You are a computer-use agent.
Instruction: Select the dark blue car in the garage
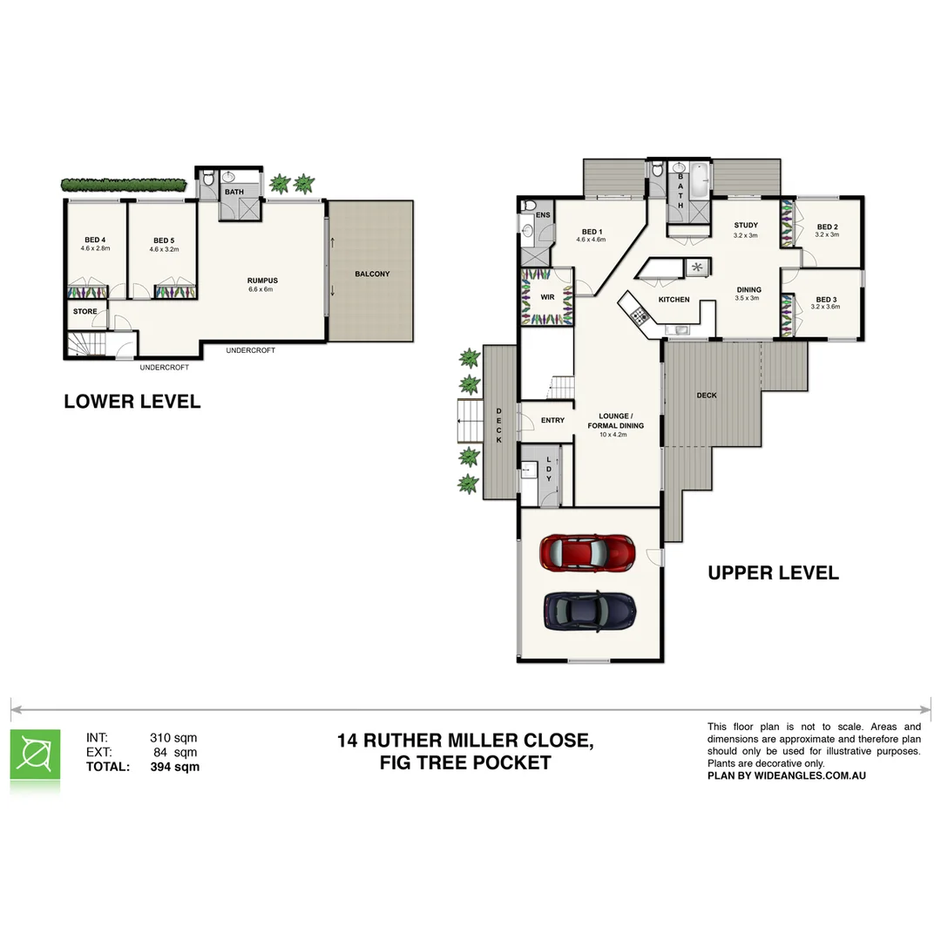pos(589,610)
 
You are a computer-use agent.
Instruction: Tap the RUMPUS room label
pos(261,281)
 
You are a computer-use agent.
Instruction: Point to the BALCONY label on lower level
pos(372,274)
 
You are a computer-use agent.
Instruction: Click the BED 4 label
pos(96,240)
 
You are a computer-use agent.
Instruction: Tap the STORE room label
pos(85,311)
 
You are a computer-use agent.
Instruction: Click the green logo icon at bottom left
pos(36,755)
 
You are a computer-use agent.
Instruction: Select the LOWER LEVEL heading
pos(132,402)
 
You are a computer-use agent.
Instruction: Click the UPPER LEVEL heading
pos(773,572)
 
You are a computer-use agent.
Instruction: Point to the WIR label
pos(547,297)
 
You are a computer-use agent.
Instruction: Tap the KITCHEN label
pos(674,300)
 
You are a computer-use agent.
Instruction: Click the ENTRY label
pos(552,420)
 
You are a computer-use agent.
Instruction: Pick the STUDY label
pos(746,226)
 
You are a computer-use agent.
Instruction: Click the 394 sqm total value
pos(174,767)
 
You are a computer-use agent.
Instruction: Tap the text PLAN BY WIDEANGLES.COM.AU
pos(786,775)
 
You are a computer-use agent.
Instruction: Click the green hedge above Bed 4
pos(124,185)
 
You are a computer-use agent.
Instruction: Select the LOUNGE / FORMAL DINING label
pos(616,421)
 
